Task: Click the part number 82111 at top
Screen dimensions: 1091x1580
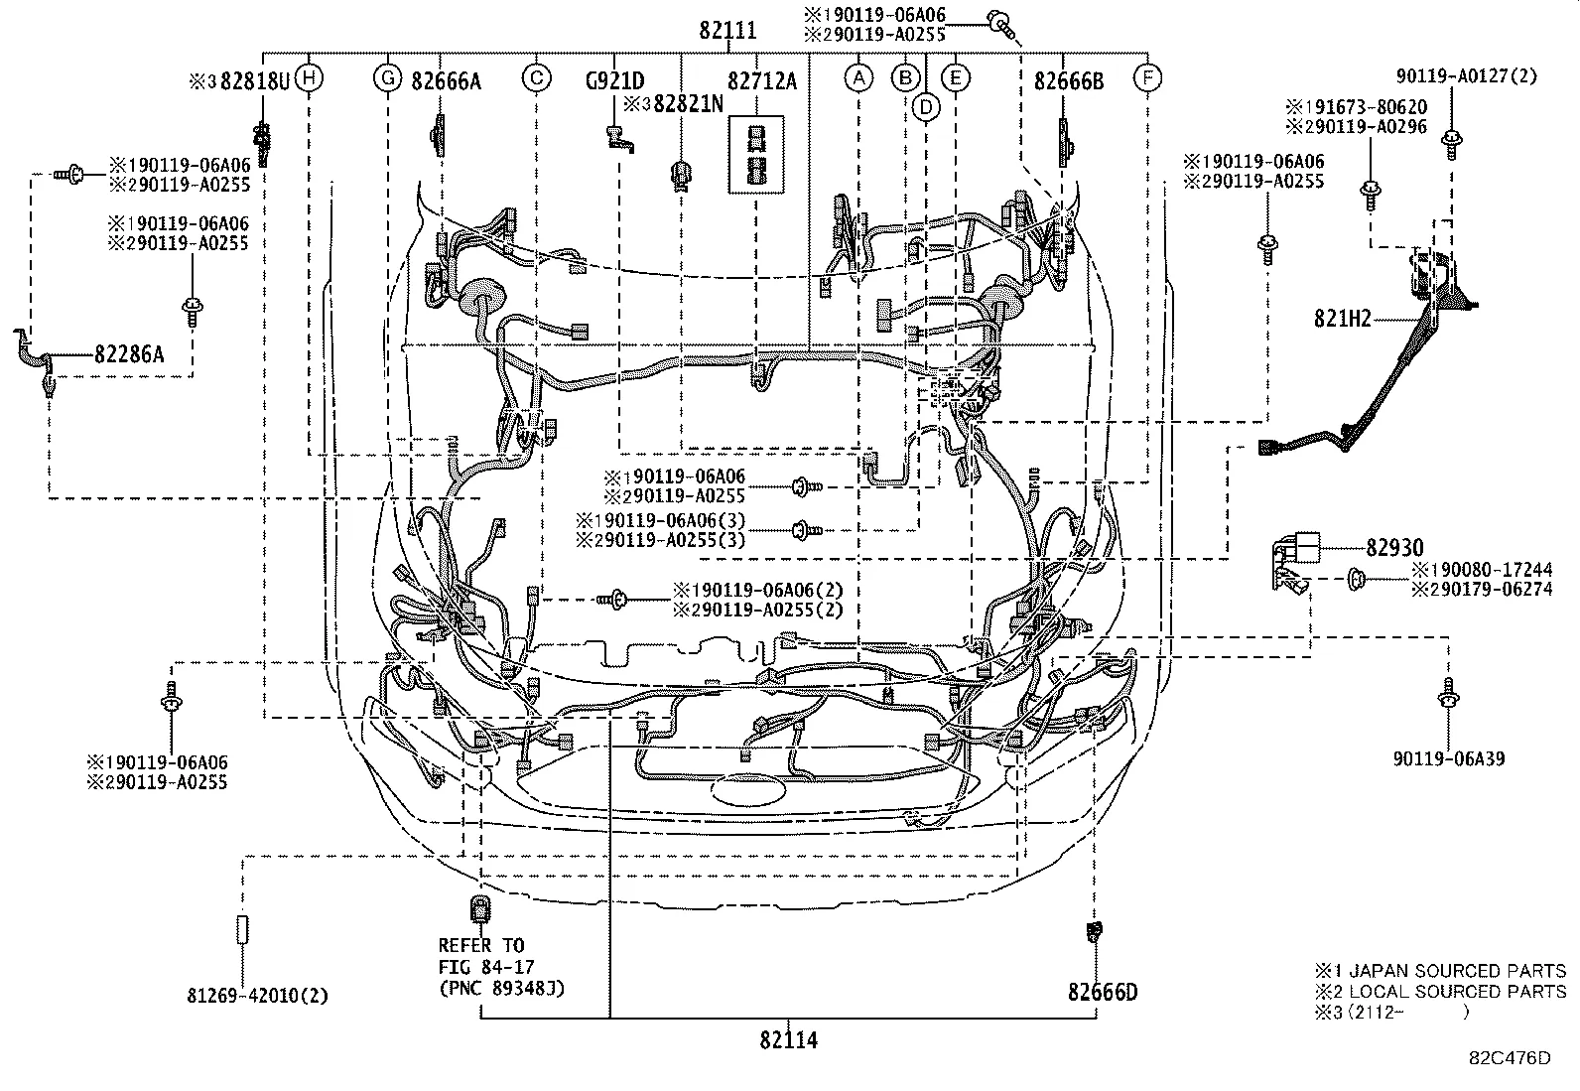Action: [726, 31]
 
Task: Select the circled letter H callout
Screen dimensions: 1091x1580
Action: [310, 77]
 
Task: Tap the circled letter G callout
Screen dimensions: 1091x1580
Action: [387, 77]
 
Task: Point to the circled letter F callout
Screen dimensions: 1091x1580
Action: [1148, 77]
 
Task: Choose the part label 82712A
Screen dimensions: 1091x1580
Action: [761, 81]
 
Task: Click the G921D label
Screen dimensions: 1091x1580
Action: [614, 81]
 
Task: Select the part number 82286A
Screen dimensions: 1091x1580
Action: [129, 352]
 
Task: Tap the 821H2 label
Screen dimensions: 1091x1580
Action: [1342, 319]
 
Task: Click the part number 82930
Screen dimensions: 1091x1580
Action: [1394, 548]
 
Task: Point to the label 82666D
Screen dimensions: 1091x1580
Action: [1103, 992]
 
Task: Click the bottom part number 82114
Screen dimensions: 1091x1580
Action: [789, 1040]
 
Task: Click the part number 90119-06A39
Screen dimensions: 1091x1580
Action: [1449, 759]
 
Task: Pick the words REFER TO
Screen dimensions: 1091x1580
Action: [481, 945]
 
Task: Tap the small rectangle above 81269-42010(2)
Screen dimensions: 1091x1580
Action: [241, 930]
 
